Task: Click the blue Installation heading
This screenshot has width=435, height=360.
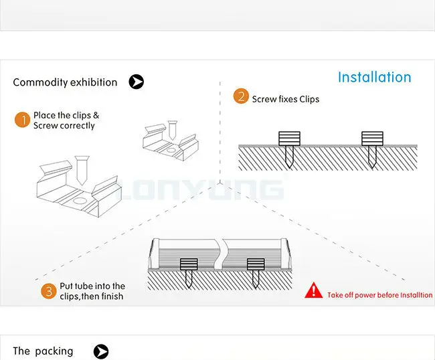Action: (x=374, y=77)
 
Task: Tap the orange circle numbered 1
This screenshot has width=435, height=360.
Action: (x=22, y=120)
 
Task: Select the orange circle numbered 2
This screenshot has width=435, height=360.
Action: (x=240, y=96)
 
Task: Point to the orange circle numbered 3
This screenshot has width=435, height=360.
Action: (x=48, y=290)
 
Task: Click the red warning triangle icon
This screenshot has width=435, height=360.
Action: (x=313, y=290)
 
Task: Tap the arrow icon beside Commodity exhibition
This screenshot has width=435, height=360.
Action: (x=136, y=82)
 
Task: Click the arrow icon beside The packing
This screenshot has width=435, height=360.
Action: (x=100, y=351)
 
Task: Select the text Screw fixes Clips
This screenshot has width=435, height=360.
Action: (x=286, y=99)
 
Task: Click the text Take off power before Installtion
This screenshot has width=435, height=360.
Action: (x=379, y=295)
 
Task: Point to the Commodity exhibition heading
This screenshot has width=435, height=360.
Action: (x=65, y=82)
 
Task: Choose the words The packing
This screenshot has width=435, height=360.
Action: (x=43, y=351)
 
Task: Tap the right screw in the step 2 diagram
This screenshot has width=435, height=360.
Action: (x=371, y=147)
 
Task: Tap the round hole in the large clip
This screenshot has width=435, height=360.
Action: (x=79, y=200)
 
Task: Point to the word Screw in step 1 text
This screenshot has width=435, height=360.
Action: (x=46, y=126)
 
